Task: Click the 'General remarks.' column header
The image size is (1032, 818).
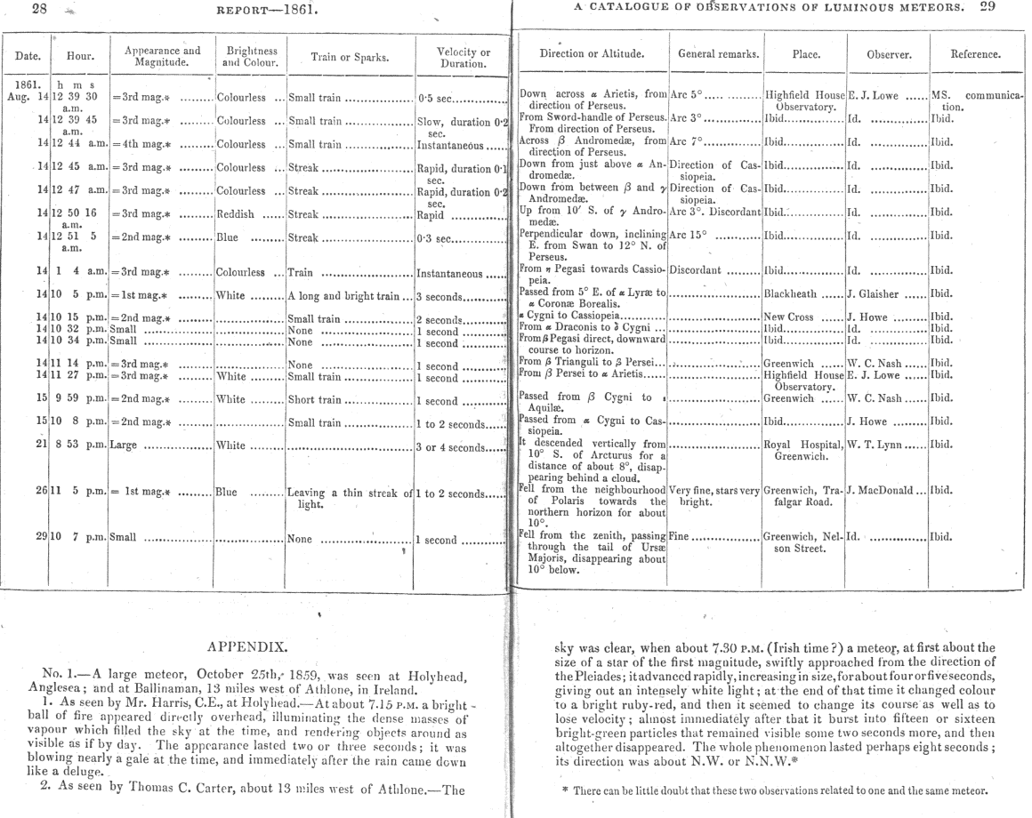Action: pyautogui.click(x=716, y=55)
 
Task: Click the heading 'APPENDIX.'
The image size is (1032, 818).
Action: pyautogui.click(x=256, y=646)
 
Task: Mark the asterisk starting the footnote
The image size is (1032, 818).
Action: pyautogui.click(x=566, y=791)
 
